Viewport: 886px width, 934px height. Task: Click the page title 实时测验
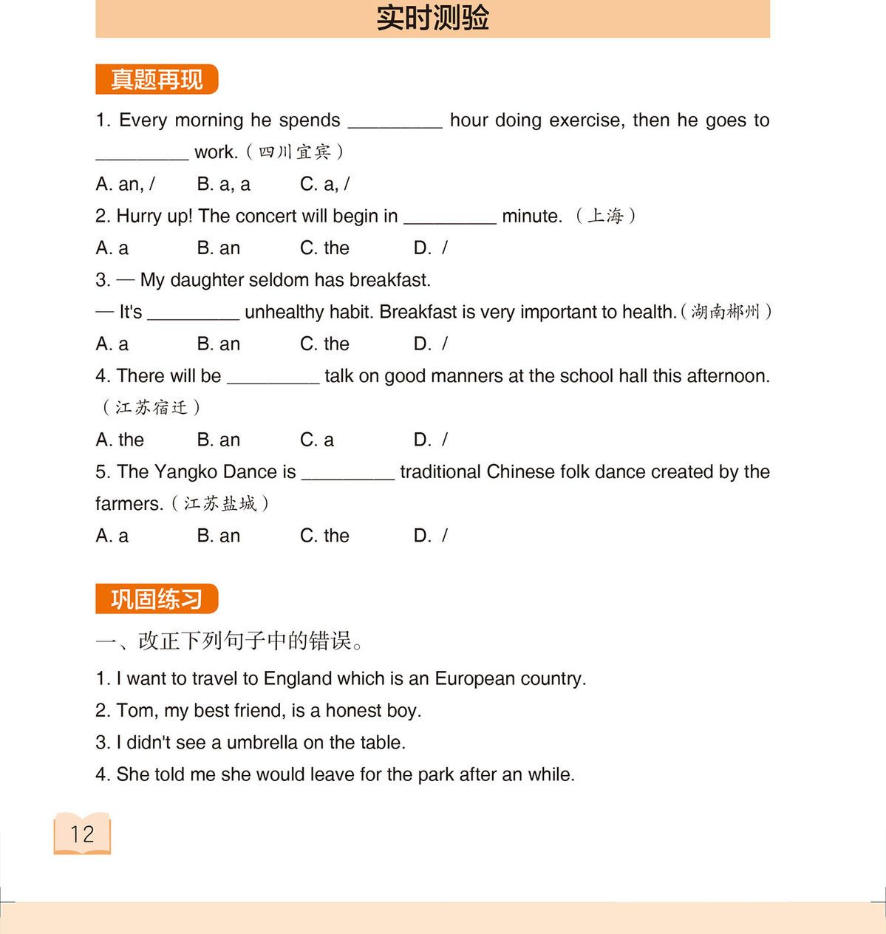tap(432, 18)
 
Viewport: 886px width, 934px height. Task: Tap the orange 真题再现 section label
tap(157, 80)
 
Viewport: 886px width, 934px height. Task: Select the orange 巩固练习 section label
tap(157, 599)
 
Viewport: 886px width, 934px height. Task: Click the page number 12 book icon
tap(82, 834)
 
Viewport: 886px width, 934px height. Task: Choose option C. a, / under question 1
tap(324, 184)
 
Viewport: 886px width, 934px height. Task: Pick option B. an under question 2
tap(219, 248)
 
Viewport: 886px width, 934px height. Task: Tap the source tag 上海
tap(605, 216)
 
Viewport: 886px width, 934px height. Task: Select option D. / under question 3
tap(430, 344)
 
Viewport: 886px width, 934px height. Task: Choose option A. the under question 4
tap(120, 440)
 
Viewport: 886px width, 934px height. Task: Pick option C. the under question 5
tap(324, 536)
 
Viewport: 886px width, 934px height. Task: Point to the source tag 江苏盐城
tap(219, 504)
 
